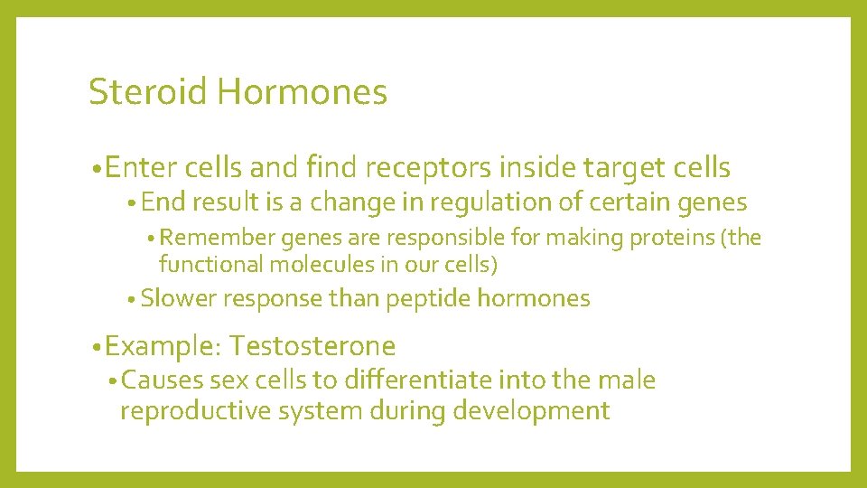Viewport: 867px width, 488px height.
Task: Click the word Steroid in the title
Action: click(148, 92)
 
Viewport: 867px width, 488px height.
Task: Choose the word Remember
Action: click(218, 238)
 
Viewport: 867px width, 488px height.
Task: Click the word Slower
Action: click(179, 298)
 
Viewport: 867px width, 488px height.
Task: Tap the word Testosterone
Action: click(312, 346)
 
